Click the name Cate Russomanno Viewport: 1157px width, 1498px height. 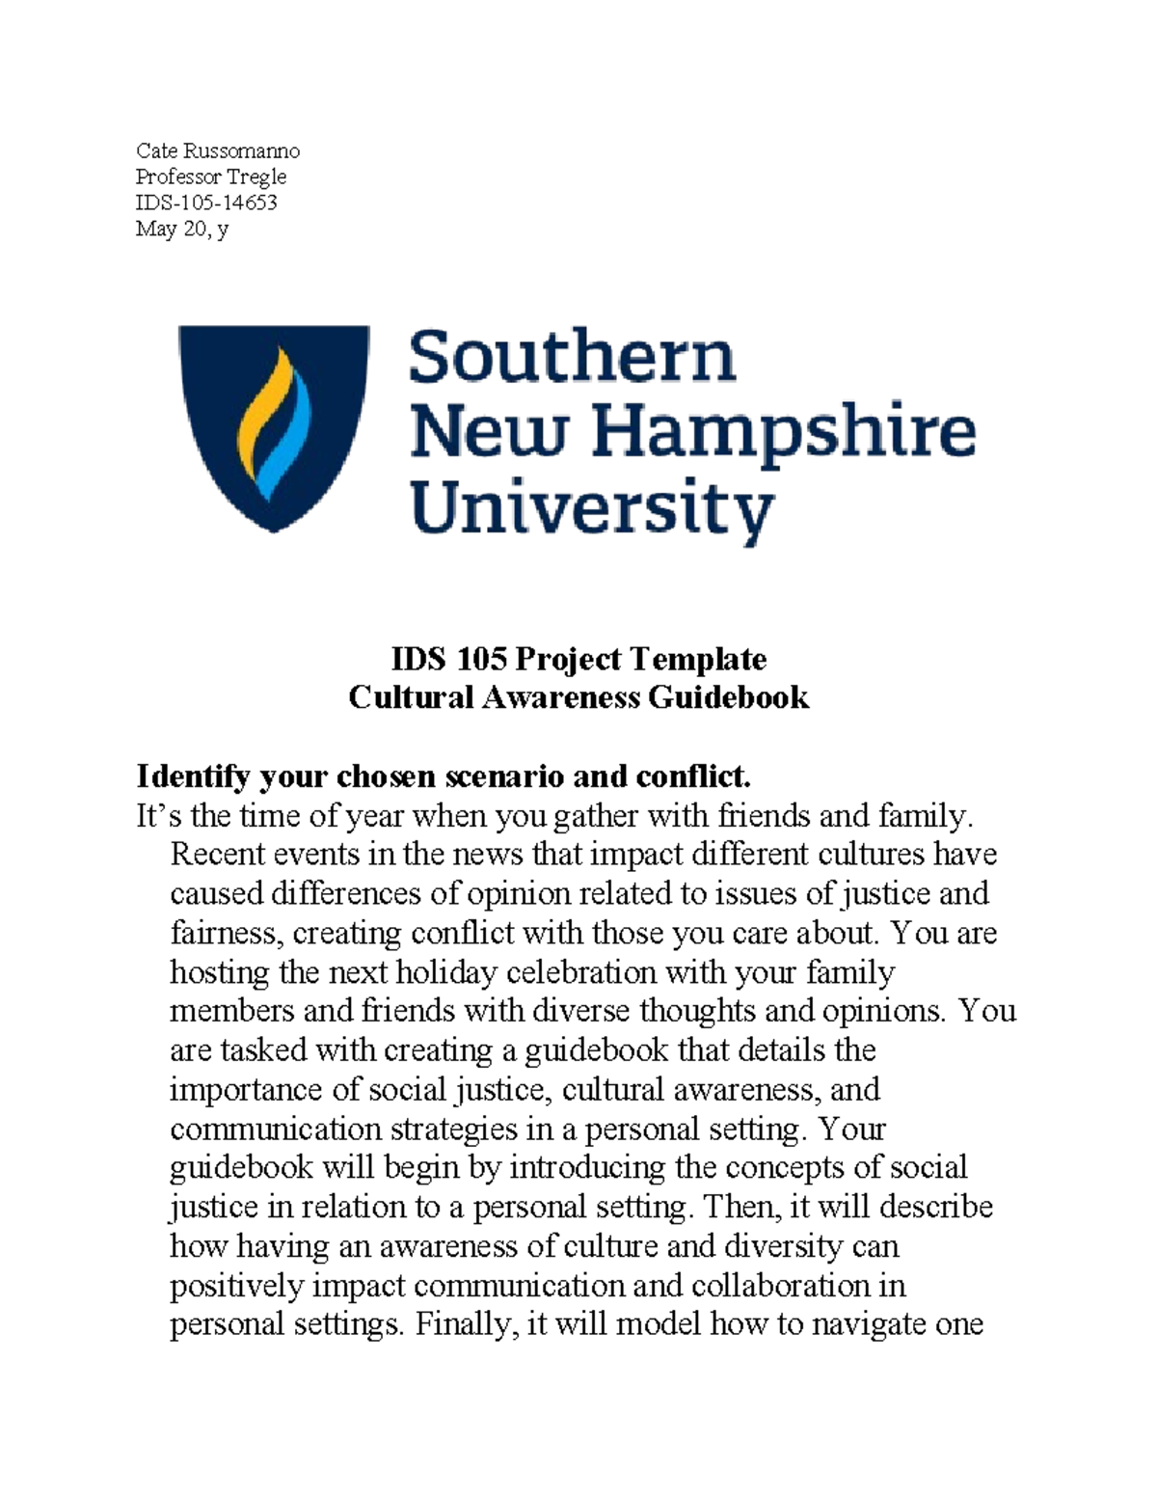pos(217,150)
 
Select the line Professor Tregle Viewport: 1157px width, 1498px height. pos(210,177)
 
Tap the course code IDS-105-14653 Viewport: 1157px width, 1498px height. pos(206,203)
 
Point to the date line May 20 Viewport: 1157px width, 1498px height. pos(181,229)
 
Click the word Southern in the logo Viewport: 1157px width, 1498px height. pos(573,357)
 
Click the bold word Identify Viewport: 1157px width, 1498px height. pos(193,776)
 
